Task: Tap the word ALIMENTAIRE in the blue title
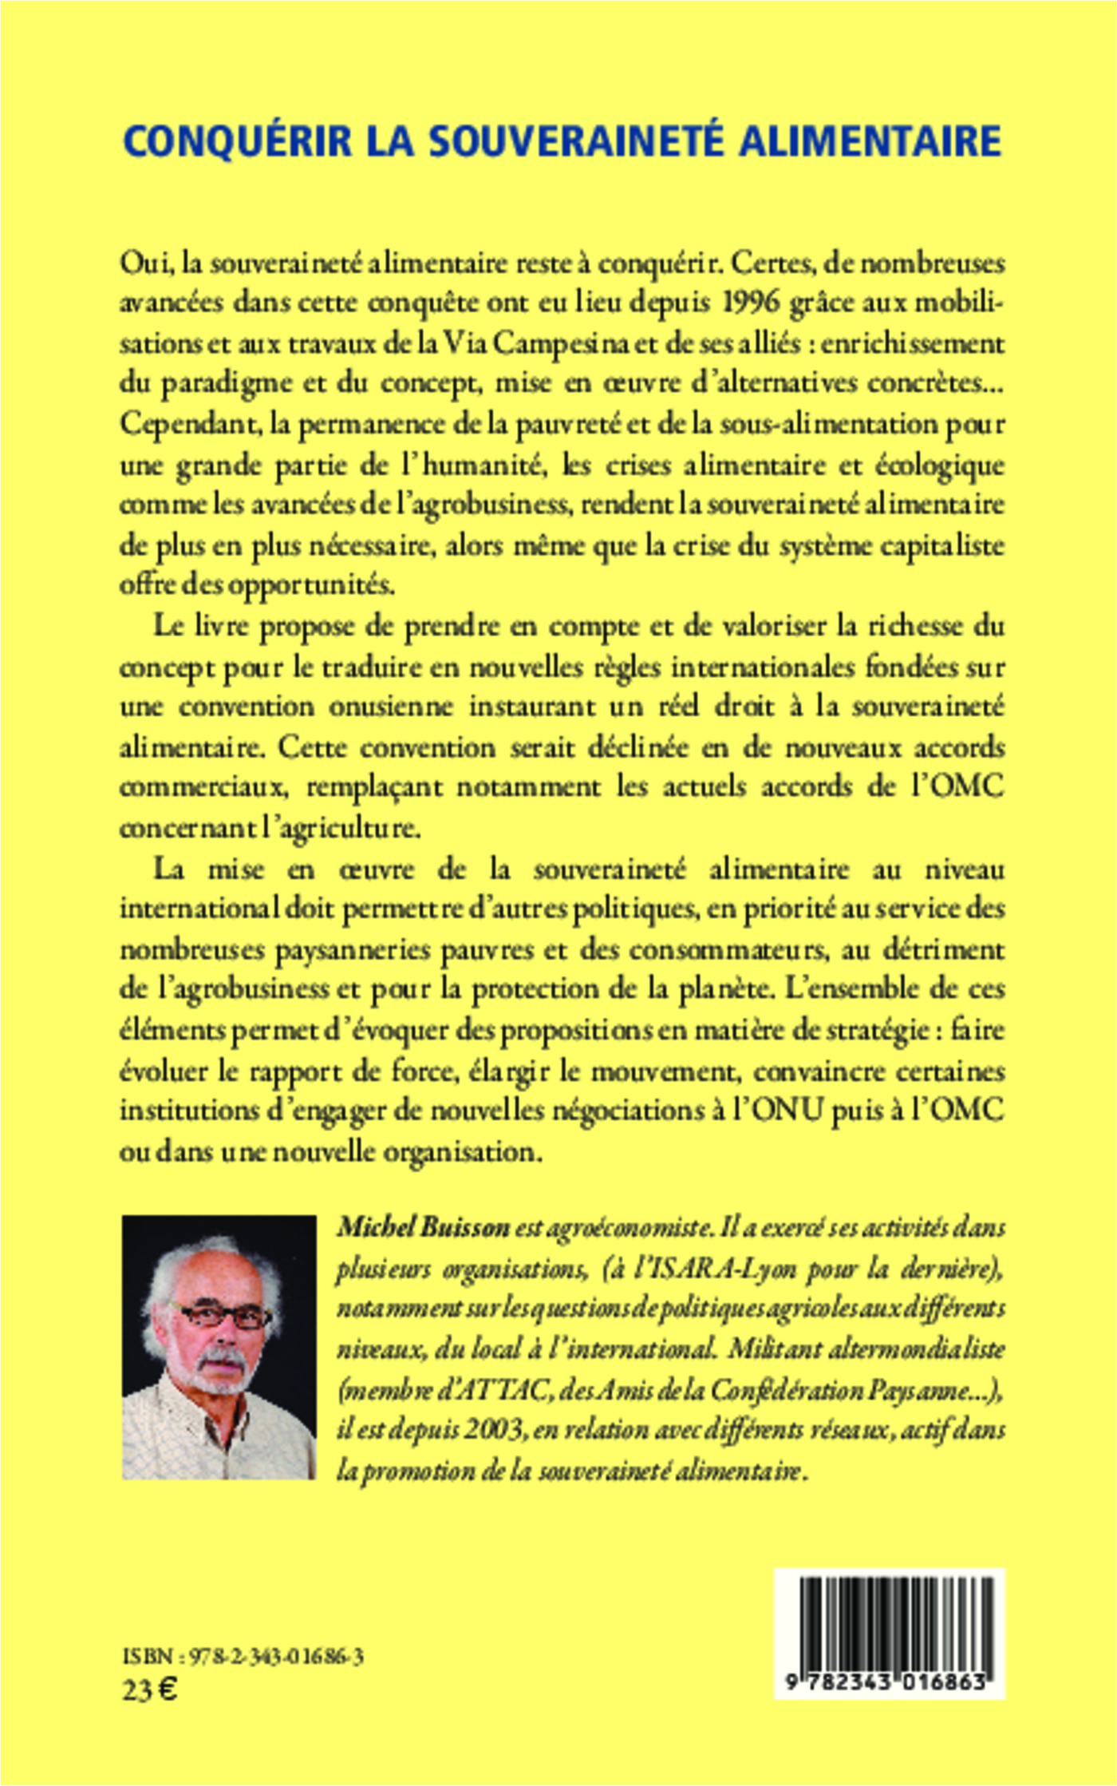coord(870,142)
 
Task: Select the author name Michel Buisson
coord(423,1227)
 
